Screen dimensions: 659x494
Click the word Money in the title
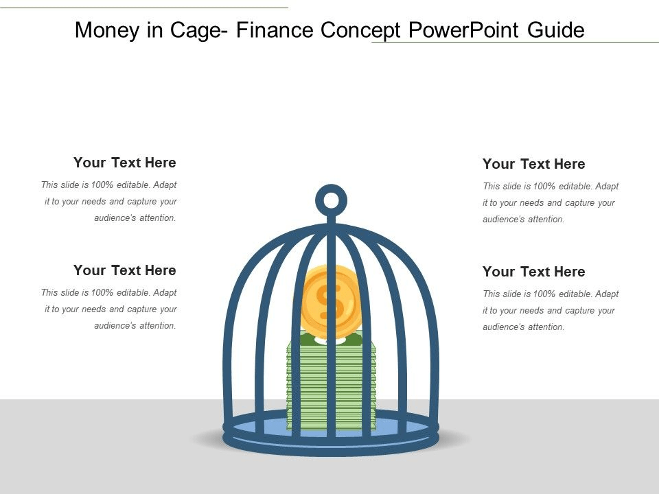click(x=108, y=30)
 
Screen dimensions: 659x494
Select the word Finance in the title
click(x=275, y=30)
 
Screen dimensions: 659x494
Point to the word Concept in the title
click(x=360, y=31)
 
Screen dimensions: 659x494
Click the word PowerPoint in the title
click(x=463, y=30)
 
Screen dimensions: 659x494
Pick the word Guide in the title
click(x=555, y=30)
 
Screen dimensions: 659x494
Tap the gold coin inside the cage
click(x=331, y=303)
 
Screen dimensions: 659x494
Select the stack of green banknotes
click(x=331, y=382)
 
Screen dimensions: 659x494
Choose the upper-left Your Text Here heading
click(x=125, y=163)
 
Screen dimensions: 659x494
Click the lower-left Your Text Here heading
click(x=125, y=270)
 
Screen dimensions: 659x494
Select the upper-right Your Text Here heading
click(x=534, y=164)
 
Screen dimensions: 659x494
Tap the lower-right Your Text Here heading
click(x=534, y=272)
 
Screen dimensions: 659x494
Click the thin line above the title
click(x=144, y=8)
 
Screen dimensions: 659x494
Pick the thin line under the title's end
click(x=516, y=42)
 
